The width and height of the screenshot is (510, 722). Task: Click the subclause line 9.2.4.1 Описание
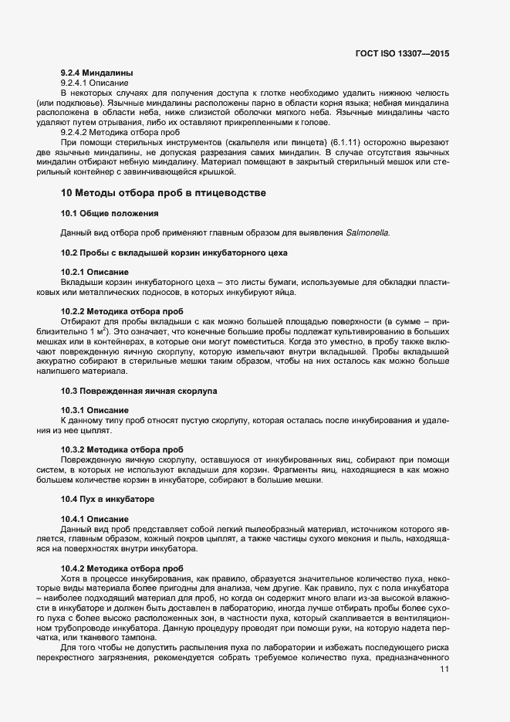point(95,81)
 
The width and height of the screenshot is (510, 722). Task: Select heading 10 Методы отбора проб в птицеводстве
point(163,192)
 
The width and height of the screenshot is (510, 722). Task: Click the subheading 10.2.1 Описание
point(95,272)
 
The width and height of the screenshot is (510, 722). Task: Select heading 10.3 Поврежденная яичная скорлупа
point(139,391)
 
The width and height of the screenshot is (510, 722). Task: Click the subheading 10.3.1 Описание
point(95,410)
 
